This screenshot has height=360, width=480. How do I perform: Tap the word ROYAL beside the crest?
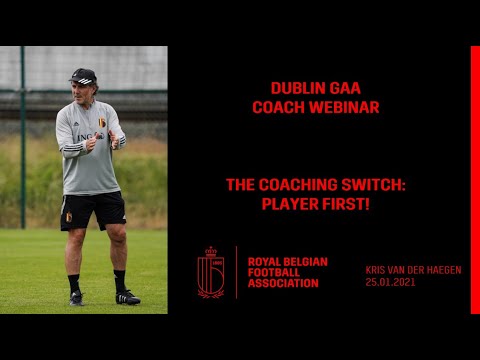pyautogui.click(x=264, y=261)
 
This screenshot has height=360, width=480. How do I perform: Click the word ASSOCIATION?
pyautogui.click(x=283, y=284)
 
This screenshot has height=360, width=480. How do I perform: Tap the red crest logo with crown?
pyautogui.click(x=210, y=272)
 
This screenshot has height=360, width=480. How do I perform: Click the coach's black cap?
pyautogui.click(x=84, y=76)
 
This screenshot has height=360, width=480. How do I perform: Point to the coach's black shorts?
pyautogui.click(x=92, y=210)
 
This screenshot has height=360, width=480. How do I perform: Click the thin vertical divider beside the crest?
pyautogui.click(x=236, y=272)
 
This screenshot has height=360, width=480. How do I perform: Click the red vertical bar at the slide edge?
pyautogui.click(x=474, y=180)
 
